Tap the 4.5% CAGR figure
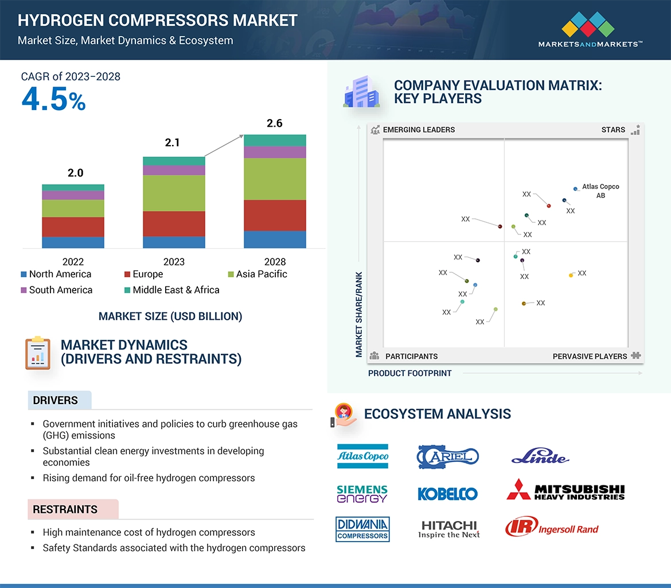[x=53, y=99]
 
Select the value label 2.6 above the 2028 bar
[x=275, y=123]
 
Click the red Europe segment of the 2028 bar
[x=275, y=215]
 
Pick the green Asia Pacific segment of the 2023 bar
[x=174, y=193]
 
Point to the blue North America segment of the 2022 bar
[x=73, y=242]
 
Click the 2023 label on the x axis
[x=174, y=262]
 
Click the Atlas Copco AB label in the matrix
[x=600, y=191]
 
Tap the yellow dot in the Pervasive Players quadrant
[x=571, y=276]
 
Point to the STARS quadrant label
[x=613, y=130]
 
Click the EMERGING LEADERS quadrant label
[x=419, y=130]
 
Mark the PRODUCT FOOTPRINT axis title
[x=410, y=373]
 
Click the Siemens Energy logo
[x=362, y=493]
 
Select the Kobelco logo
[x=447, y=493]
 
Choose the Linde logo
[x=540, y=457]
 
